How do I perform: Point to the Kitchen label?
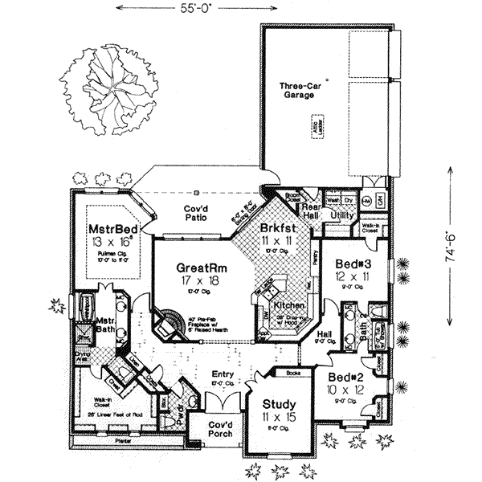click(x=287, y=306)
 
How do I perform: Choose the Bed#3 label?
click(x=352, y=264)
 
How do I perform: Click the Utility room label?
click(x=342, y=216)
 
